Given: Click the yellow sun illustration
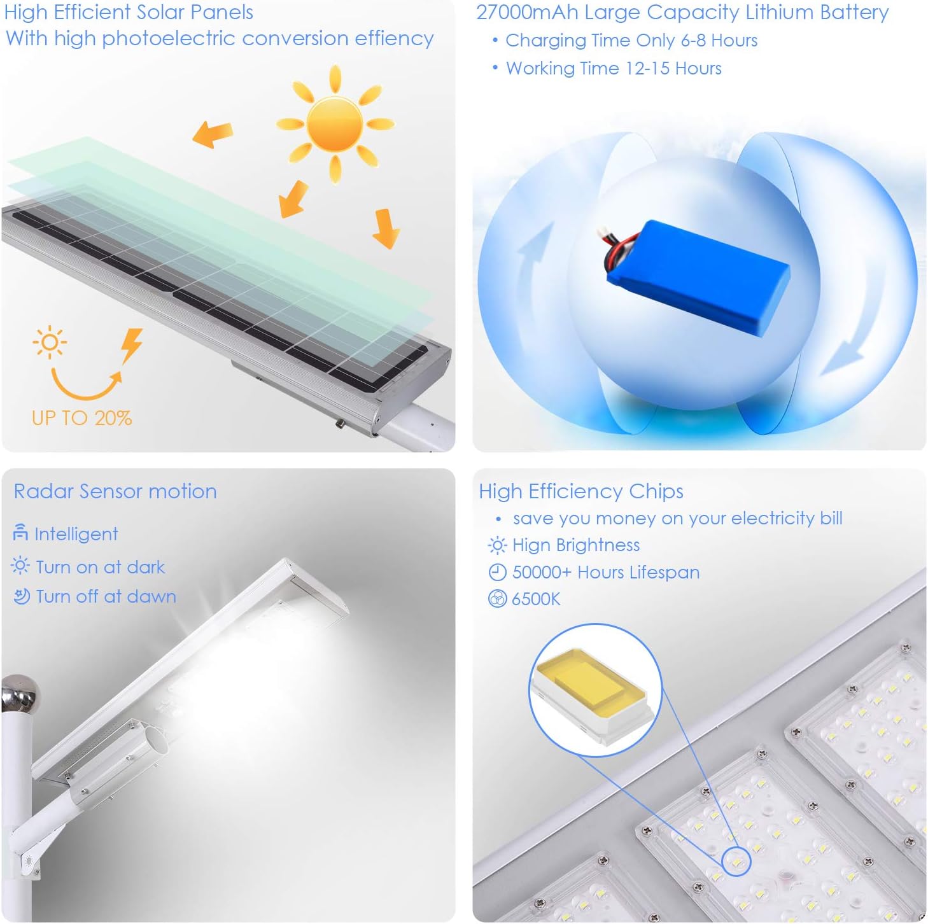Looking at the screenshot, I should pyautogui.click(x=335, y=124).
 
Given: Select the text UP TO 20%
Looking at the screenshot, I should pyautogui.click(x=82, y=418).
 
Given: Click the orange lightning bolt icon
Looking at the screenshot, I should pyautogui.click(x=132, y=344).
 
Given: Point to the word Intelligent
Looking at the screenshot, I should pyautogui.click(x=76, y=534).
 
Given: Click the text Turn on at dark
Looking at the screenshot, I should pyautogui.click(x=100, y=567).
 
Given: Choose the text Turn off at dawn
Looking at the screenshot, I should pyautogui.click(x=106, y=597).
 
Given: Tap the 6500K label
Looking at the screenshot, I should pyautogui.click(x=536, y=599).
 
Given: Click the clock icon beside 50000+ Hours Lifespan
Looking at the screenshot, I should pyautogui.click(x=497, y=573).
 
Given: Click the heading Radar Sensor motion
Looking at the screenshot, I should pyautogui.click(x=115, y=491).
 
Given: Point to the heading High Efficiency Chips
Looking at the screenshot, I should pyautogui.click(x=580, y=491).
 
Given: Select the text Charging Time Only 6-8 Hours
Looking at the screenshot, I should pyautogui.click(x=631, y=41).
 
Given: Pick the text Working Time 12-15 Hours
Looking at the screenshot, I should pyautogui.click(x=613, y=69).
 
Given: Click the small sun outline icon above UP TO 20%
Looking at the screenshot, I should pyautogui.click(x=50, y=343).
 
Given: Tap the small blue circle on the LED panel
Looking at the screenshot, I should pyautogui.click(x=737, y=861).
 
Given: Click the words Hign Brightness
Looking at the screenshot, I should pyautogui.click(x=575, y=545).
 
